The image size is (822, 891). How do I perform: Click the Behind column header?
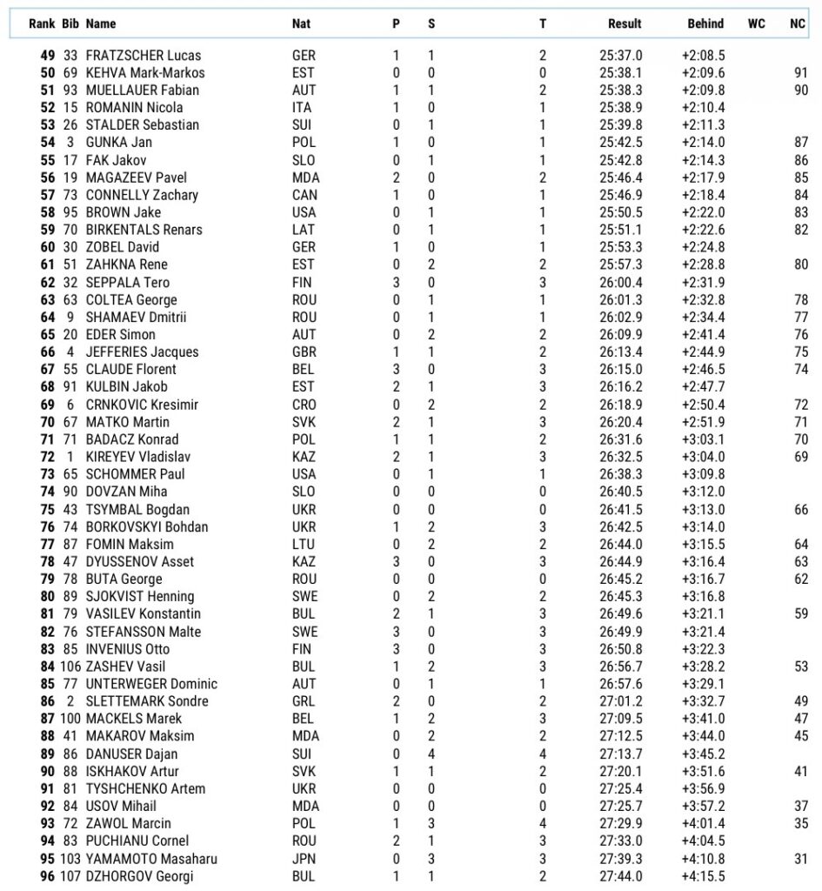705,24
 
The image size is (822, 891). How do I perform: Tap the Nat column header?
301,24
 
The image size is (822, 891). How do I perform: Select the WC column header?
756,24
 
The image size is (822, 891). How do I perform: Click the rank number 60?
47,247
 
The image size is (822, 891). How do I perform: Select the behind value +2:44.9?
703,352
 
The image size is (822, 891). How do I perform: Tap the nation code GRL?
304,701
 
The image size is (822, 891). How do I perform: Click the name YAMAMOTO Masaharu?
151,859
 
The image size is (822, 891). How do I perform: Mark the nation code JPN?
304,859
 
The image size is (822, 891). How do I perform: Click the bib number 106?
70,667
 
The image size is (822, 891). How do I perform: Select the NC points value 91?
800,72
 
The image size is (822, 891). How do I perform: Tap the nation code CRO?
304,405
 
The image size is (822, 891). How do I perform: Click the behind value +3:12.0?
703,492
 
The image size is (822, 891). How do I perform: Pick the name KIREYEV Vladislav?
138,457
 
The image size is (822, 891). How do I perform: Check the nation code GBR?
304,352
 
